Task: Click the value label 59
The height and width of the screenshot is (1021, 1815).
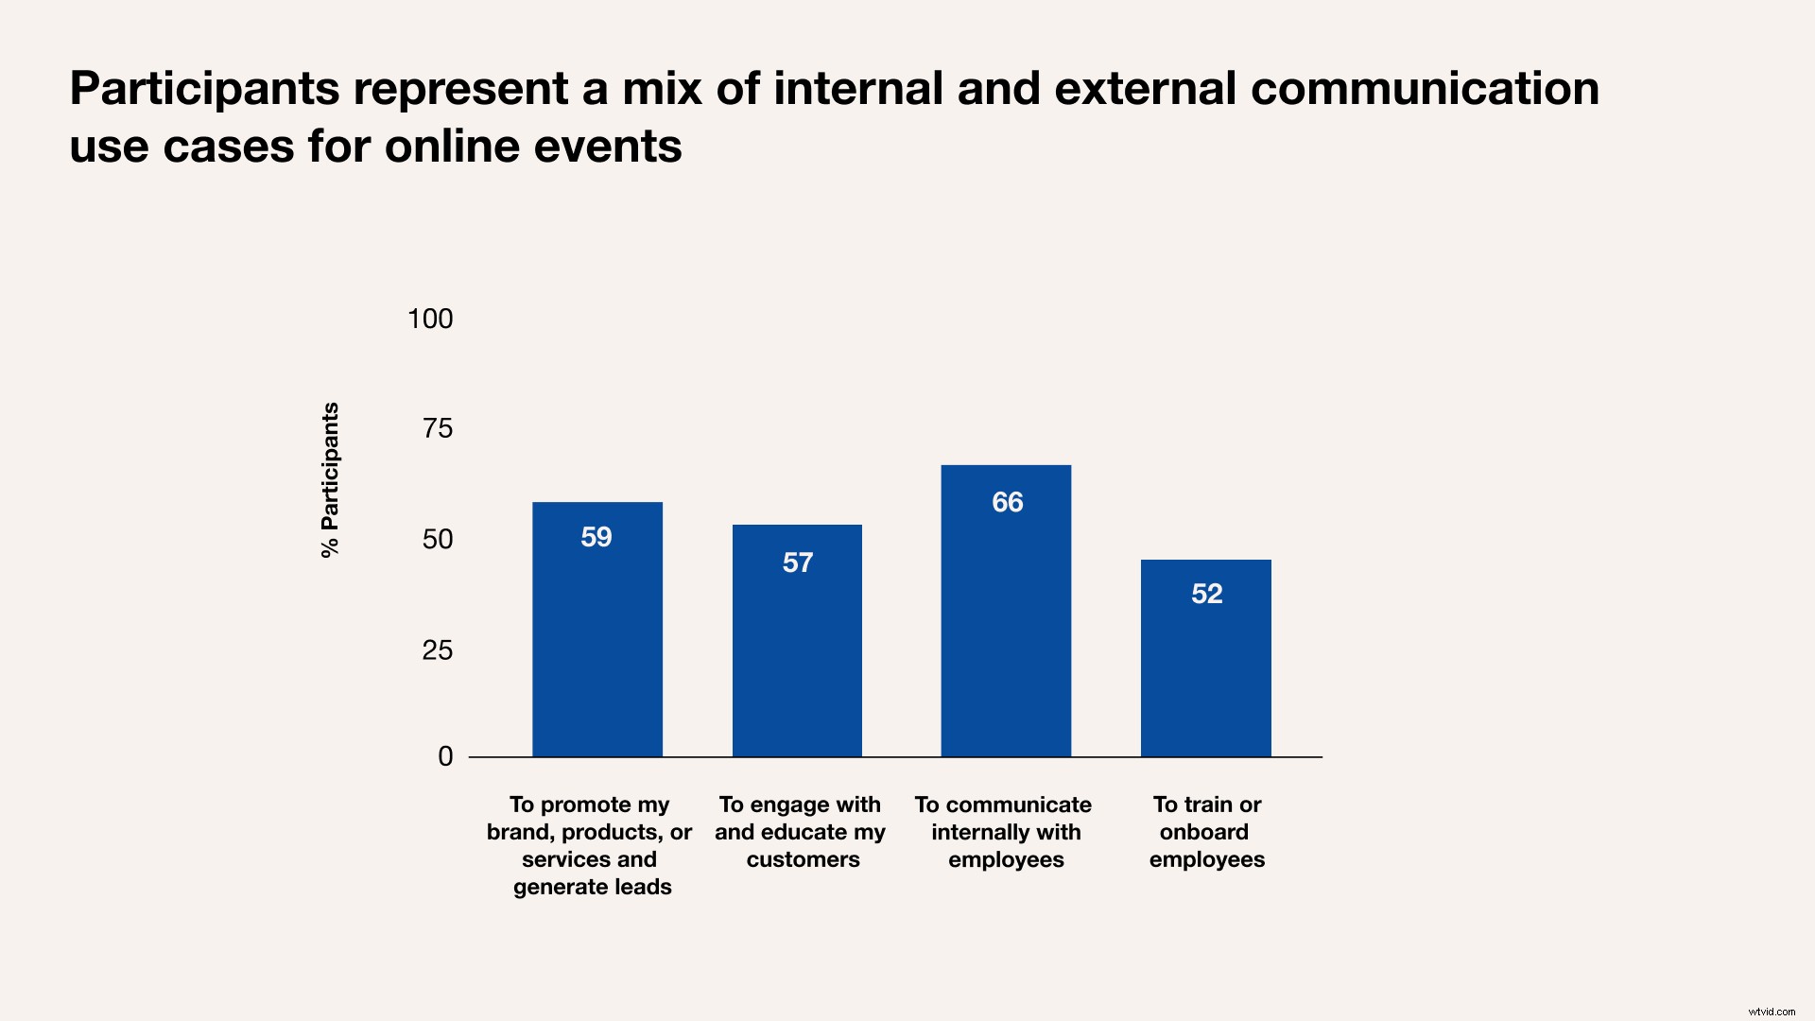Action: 596,537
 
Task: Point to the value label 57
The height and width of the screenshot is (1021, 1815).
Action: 798,563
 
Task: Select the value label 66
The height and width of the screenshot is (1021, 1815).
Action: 1008,502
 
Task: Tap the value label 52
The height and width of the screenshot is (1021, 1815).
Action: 1207,594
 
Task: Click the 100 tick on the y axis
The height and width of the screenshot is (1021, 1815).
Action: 430,319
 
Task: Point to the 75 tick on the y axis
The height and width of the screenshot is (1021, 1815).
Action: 438,428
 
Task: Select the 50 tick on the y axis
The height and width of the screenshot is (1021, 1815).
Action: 438,539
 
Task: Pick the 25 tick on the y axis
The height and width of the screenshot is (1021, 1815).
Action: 438,649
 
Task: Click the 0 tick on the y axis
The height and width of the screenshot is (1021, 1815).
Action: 445,756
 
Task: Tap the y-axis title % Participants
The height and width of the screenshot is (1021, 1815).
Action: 330,480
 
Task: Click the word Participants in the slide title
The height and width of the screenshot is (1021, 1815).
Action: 204,89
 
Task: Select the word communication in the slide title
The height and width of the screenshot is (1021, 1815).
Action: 1425,89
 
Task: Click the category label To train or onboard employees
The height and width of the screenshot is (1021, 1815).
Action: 1206,832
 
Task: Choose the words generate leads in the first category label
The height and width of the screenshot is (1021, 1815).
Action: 593,887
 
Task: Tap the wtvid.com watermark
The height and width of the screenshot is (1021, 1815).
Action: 1772,1012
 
